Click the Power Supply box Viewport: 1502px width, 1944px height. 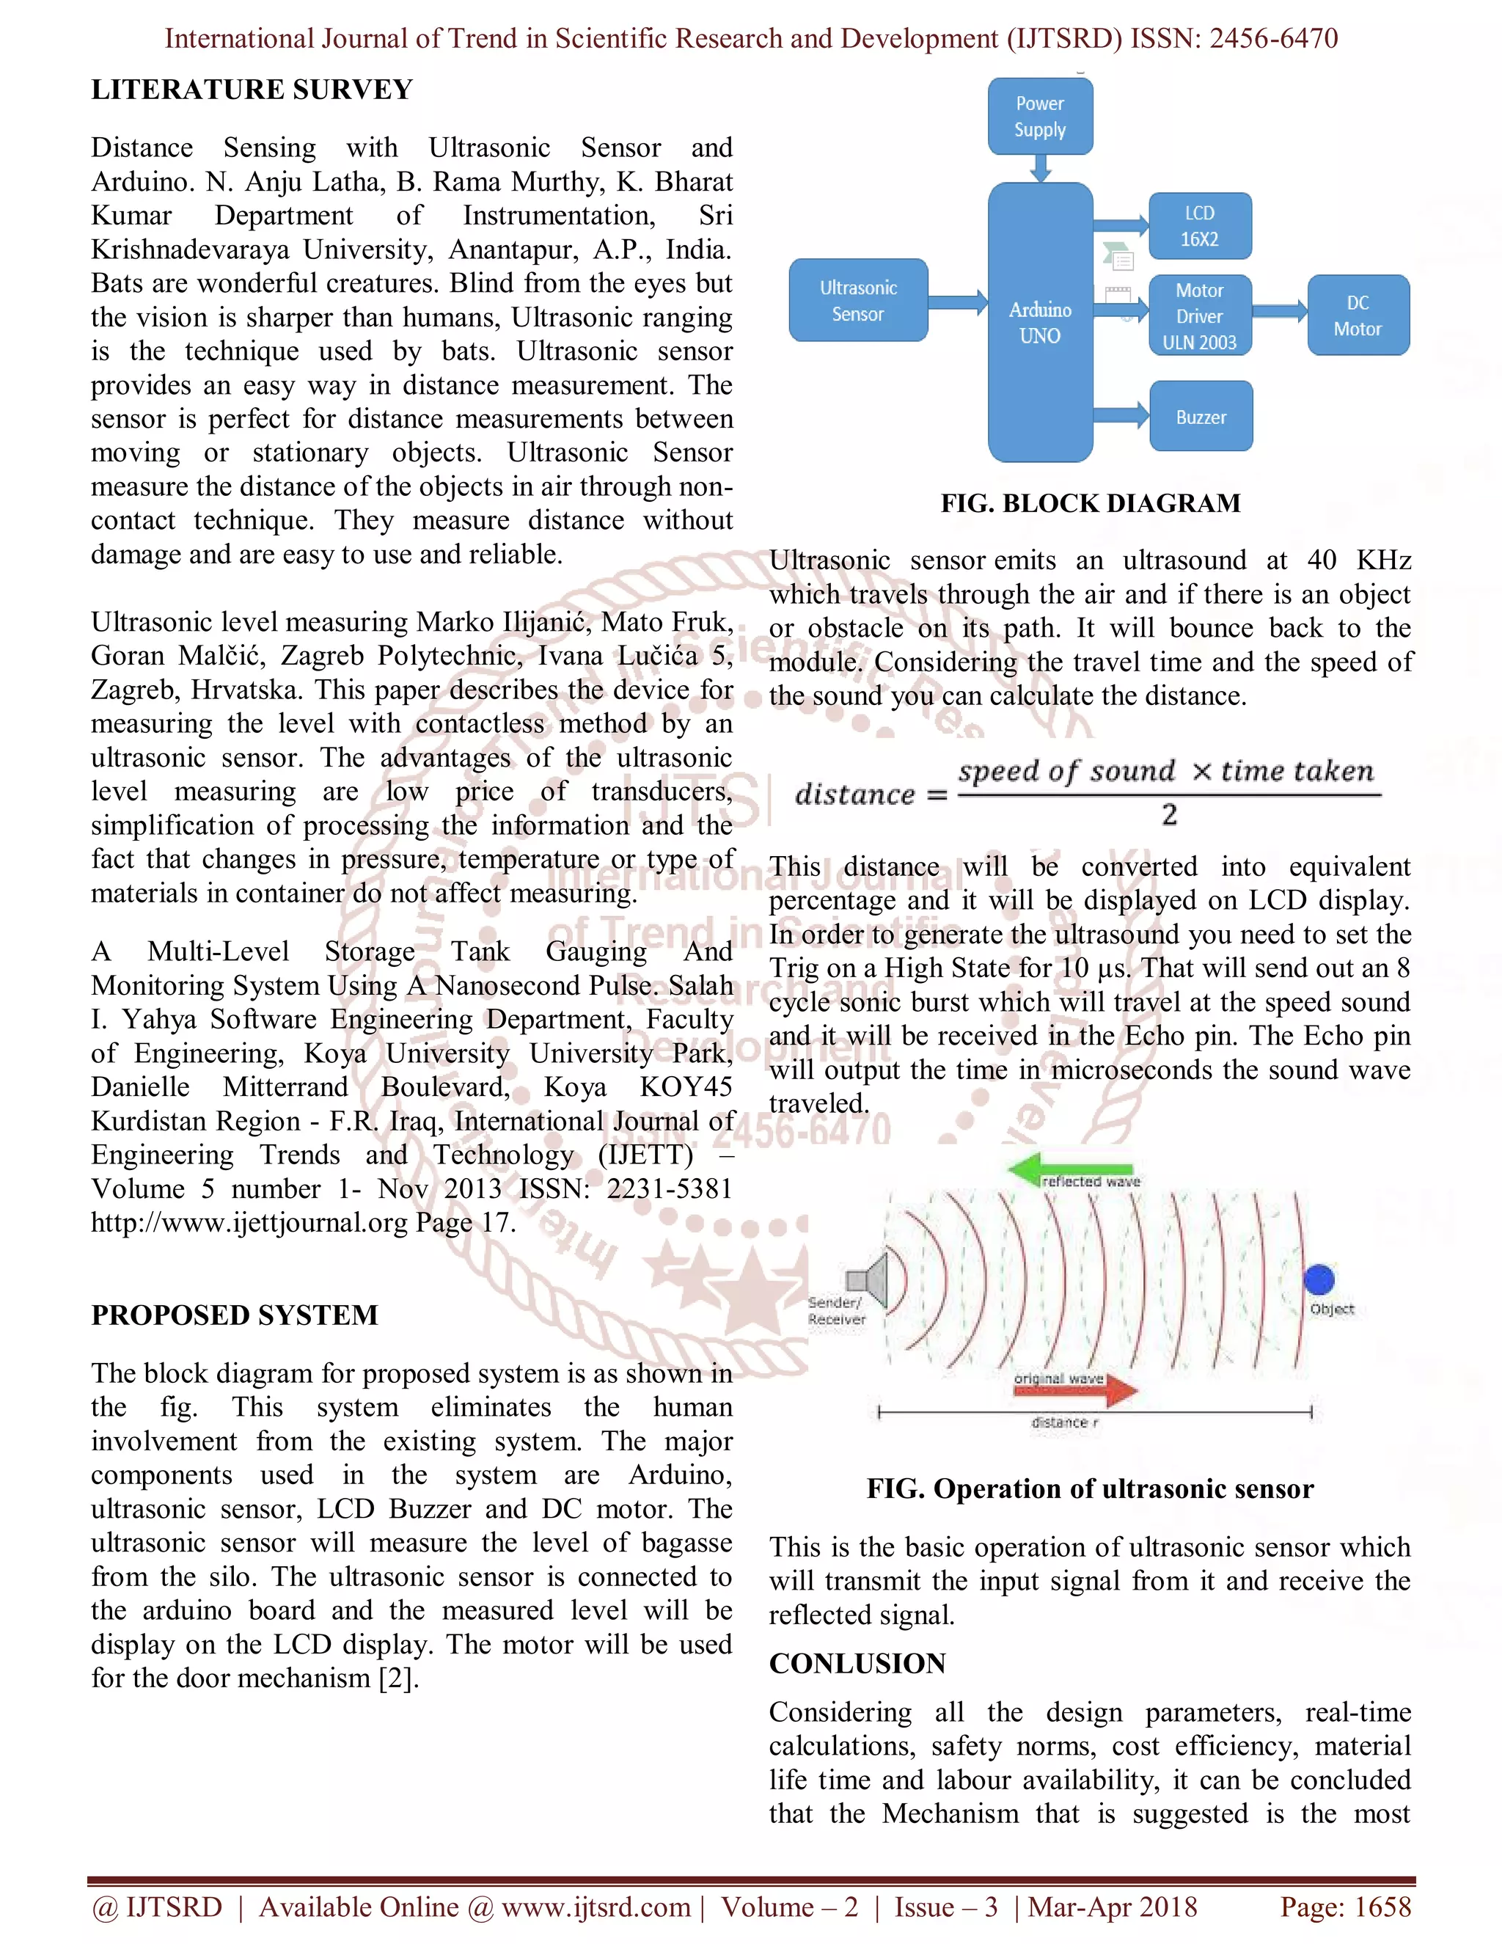click(x=1039, y=117)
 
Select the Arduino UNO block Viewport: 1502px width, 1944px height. click(x=1039, y=322)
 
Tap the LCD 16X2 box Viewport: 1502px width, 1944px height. click(x=1199, y=226)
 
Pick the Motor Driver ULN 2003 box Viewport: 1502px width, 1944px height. click(x=1199, y=316)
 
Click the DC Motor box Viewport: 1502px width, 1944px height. click(x=1357, y=316)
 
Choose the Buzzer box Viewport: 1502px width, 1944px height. click(x=1201, y=417)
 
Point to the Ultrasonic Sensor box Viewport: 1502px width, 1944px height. click(x=858, y=301)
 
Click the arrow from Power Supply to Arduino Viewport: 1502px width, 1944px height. click(x=1039, y=167)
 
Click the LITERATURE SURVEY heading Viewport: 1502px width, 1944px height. click(x=252, y=90)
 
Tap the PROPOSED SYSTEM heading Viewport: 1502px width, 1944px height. click(x=235, y=1315)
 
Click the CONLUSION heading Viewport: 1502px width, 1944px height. click(x=857, y=1663)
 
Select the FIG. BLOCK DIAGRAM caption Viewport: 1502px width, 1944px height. click(x=1090, y=504)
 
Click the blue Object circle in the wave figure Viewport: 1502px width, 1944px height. click(x=1318, y=1280)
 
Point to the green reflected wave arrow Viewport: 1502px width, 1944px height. click(x=1068, y=1169)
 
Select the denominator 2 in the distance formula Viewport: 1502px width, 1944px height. click(x=1169, y=814)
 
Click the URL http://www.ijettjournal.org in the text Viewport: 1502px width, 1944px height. click(x=249, y=1223)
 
